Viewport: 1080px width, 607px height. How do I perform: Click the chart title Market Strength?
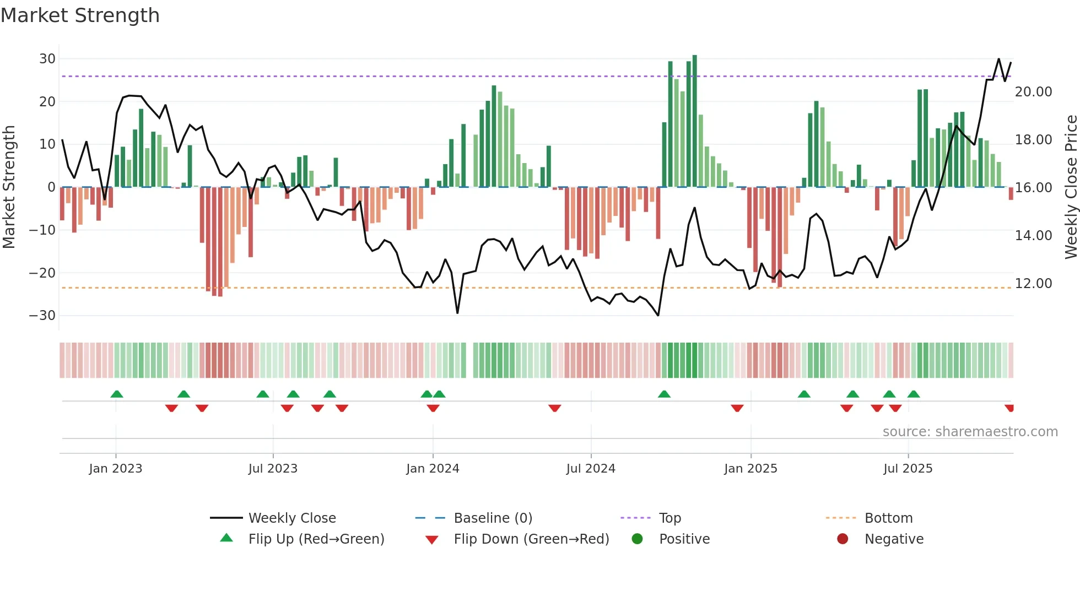pos(80,15)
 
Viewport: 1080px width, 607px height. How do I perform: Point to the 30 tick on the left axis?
pos(47,59)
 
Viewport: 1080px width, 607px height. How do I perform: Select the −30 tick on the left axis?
pos(42,316)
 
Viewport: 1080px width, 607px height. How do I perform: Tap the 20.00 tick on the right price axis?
pos(1033,92)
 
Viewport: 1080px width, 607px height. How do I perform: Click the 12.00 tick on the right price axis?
pos(1033,284)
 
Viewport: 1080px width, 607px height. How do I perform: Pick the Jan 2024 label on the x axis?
pos(433,469)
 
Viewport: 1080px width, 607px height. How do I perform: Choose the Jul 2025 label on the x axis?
pos(908,469)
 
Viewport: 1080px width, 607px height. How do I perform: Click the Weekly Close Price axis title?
pos(1071,187)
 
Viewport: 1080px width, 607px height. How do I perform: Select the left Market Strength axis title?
pos(9,187)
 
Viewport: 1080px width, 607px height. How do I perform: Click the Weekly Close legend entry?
pos(292,518)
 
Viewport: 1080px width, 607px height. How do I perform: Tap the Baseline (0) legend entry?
pos(493,518)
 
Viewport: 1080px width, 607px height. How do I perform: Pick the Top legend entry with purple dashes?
pos(670,518)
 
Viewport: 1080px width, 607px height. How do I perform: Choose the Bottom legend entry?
pos(888,518)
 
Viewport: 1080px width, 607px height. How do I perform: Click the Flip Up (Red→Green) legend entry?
pos(316,539)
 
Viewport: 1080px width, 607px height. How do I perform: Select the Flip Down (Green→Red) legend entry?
pos(531,539)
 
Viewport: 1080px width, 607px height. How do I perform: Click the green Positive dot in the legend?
pos(638,539)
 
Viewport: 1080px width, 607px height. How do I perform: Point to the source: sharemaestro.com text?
pos(970,432)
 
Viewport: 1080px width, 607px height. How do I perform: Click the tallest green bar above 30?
pos(695,121)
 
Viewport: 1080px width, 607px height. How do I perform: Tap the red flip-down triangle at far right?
pos(1009,408)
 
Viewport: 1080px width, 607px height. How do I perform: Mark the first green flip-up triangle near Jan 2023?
pos(117,394)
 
